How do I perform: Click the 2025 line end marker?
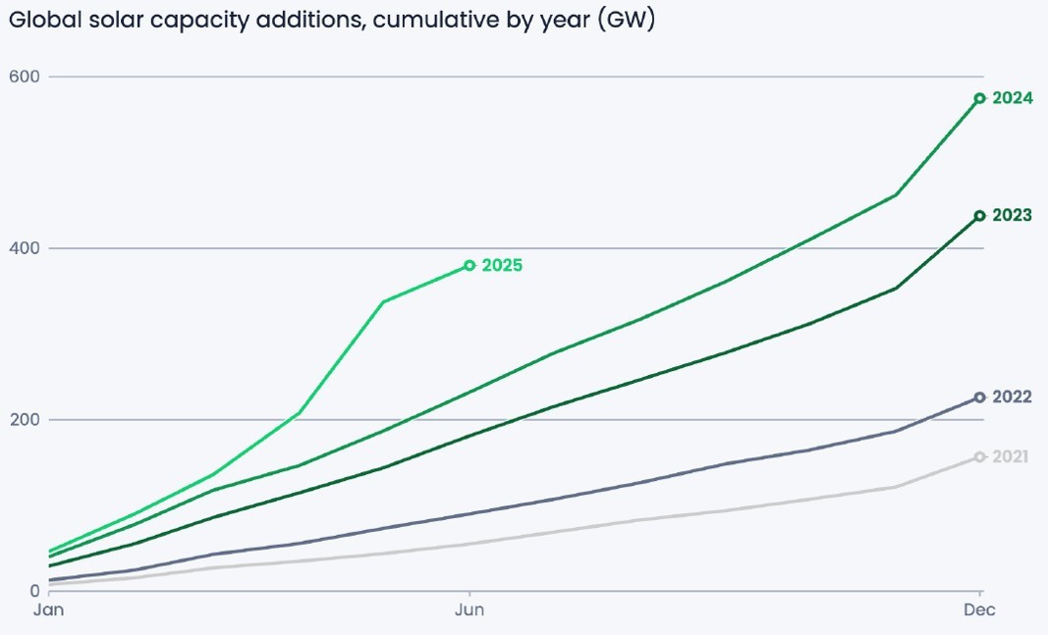pyautogui.click(x=469, y=265)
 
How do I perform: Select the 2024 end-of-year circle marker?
pyautogui.click(x=979, y=98)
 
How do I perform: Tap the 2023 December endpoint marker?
pyautogui.click(x=979, y=216)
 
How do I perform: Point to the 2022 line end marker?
pyautogui.click(x=979, y=397)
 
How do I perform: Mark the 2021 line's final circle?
pyautogui.click(x=979, y=456)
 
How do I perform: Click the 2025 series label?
pyautogui.click(x=501, y=265)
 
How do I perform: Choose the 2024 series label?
pyautogui.click(x=1012, y=98)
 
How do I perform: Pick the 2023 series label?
pyautogui.click(x=1012, y=215)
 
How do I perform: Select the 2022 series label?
pyautogui.click(x=1012, y=397)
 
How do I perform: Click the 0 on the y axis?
pyautogui.click(x=33, y=591)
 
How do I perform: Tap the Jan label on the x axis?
pyautogui.click(x=49, y=610)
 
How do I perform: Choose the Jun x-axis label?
pyautogui.click(x=469, y=610)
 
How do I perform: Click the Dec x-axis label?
pyautogui.click(x=979, y=610)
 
